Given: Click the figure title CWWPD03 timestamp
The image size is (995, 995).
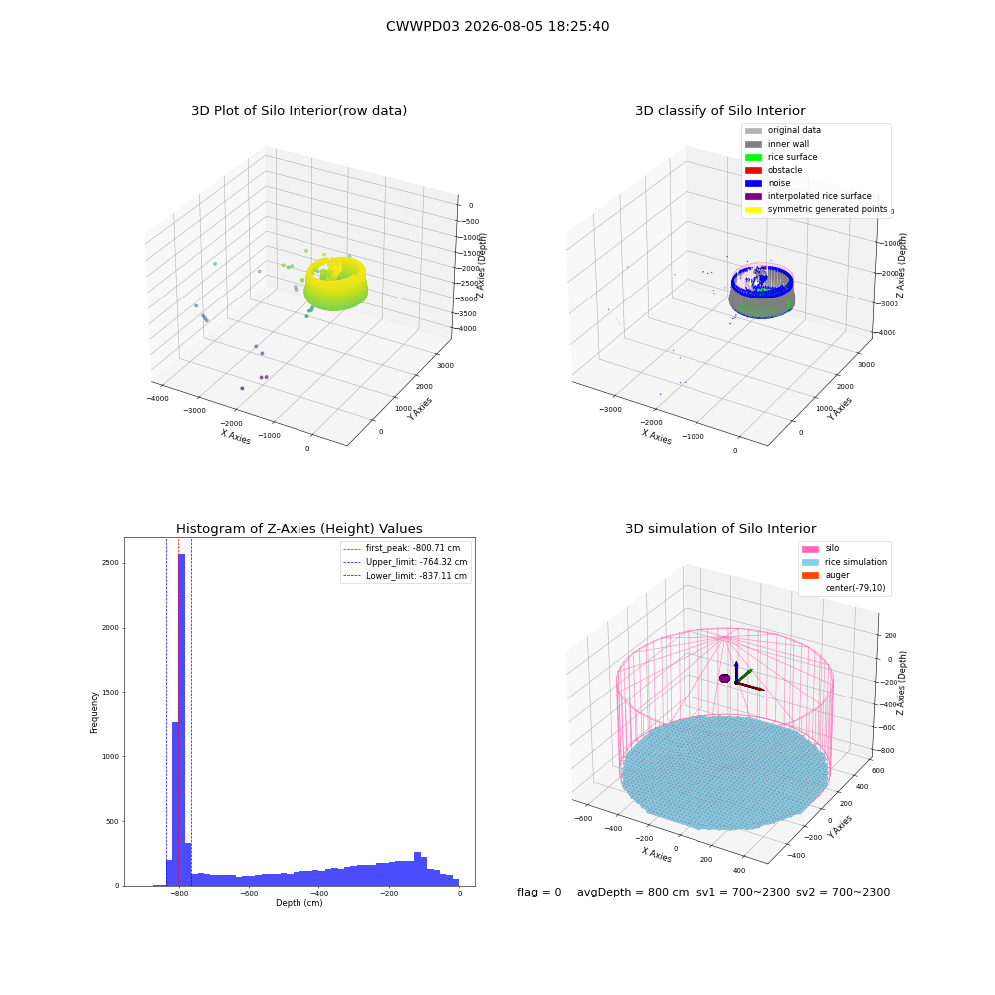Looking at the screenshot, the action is point(497,26).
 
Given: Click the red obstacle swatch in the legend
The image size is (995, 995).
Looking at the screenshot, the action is point(753,170).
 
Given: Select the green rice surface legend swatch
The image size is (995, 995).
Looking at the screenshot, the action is point(753,157).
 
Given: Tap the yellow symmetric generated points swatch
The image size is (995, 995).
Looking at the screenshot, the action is point(753,209).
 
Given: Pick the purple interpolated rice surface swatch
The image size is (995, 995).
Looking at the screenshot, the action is point(753,196).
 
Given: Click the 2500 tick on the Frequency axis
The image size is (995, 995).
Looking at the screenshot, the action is point(110,563).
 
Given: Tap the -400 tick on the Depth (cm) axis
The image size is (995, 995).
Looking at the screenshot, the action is point(318,894).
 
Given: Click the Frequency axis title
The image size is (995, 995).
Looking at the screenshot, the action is point(94,712).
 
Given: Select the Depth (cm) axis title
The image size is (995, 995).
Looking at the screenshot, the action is point(299,903).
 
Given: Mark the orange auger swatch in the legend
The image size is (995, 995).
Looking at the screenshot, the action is point(810,575).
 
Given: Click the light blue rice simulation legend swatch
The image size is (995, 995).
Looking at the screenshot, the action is point(810,562).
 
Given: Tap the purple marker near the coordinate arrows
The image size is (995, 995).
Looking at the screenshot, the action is point(724,678).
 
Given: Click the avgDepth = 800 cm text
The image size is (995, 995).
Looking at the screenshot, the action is point(633,892).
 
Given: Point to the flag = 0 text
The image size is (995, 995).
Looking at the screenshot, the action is point(539,892).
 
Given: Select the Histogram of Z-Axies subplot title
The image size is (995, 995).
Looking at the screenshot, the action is point(298,528).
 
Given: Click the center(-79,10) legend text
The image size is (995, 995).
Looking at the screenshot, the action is point(855,588).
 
